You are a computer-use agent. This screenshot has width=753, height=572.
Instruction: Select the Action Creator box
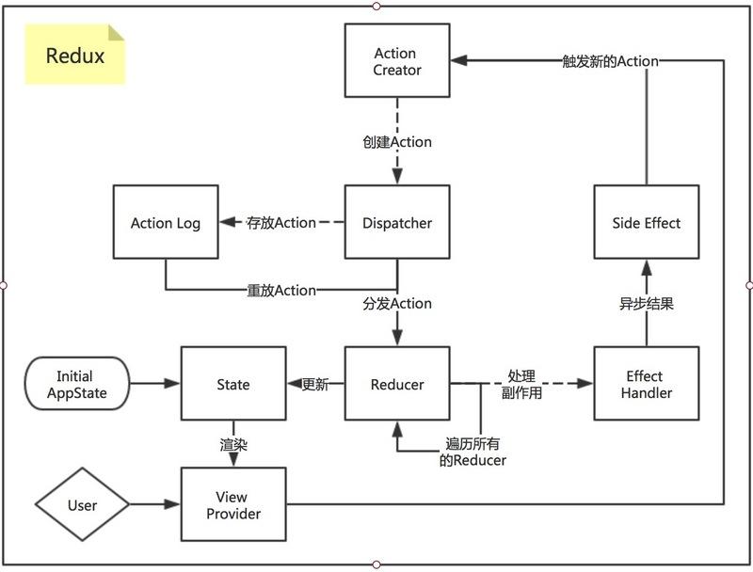click(397, 61)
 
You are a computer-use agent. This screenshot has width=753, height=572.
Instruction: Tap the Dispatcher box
click(397, 223)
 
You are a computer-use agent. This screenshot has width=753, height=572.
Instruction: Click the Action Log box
click(166, 223)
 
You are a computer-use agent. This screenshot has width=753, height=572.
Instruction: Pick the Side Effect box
click(647, 223)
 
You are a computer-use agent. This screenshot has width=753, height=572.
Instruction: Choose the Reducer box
click(397, 384)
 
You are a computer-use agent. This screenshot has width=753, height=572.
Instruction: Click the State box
click(232, 384)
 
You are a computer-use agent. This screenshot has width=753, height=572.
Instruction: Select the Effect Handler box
click(647, 384)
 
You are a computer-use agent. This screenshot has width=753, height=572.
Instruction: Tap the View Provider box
click(232, 505)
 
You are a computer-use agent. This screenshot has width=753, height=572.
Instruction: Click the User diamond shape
click(82, 505)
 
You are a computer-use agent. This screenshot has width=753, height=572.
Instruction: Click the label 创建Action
click(397, 142)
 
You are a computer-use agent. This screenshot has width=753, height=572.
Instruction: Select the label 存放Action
click(281, 223)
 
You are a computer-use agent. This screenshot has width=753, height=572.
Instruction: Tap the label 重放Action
click(281, 290)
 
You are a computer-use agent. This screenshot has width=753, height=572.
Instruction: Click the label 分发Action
click(397, 304)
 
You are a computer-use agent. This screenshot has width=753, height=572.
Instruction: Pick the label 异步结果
click(647, 304)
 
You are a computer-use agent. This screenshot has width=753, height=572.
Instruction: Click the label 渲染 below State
click(232, 445)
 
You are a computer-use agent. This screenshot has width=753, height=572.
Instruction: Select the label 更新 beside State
click(315, 384)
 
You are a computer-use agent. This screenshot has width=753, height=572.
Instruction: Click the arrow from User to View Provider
click(152, 505)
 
